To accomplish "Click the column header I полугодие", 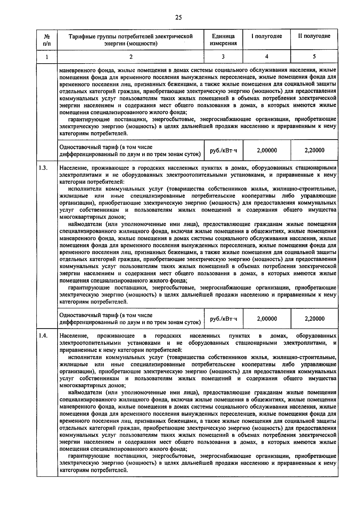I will pyautogui.click(x=266, y=36).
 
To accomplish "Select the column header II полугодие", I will pyautogui.click(x=314, y=36).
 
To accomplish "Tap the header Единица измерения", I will pyautogui.click(x=223, y=40).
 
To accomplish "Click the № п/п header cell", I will pyautogui.click(x=47, y=40).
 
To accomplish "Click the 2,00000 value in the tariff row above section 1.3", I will pyautogui.click(x=267, y=150).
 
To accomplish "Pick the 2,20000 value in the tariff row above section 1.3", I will pyautogui.click(x=314, y=150).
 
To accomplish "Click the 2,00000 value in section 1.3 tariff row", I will pyautogui.click(x=267, y=319).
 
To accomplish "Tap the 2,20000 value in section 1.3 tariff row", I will pyautogui.click(x=314, y=319).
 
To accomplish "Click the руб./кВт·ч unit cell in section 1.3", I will pyautogui.click(x=223, y=319).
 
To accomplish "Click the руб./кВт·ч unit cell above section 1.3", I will pyautogui.click(x=223, y=150).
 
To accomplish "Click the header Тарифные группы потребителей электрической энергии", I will pyautogui.click(x=130, y=40).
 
